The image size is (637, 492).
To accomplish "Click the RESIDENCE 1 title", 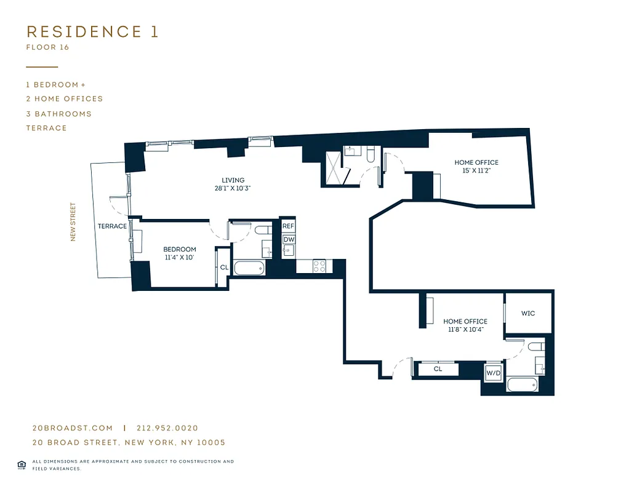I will click(x=92, y=32).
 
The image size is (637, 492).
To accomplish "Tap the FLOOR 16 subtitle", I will click(x=48, y=47).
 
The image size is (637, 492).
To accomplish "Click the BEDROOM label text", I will click(x=179, y=249).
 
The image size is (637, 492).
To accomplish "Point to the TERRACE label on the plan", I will click(x=112, y=226).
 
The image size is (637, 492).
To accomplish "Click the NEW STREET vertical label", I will click(x=73, y=222).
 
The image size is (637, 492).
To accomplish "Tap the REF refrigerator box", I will click(x=289, y=226).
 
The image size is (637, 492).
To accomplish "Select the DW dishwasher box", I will click(x=289, y=239).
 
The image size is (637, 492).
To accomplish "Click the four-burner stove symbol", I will click(x=319, y=266).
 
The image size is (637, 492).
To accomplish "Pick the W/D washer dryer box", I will click(x=493, y=373).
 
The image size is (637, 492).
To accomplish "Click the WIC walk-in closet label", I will click(x=528, y=313).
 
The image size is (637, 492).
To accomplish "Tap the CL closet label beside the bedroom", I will click(x=224, y=268).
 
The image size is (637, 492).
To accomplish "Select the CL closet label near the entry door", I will click(x=438, y=369).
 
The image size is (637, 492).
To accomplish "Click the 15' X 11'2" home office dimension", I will click(x=476, y=170).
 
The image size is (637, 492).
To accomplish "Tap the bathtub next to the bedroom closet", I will click(x=249, y=268).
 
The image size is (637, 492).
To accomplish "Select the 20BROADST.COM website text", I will click(x=73, y=428).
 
